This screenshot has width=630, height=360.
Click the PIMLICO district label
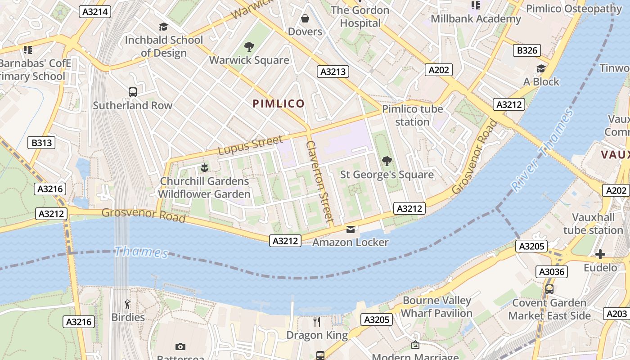[279, 104]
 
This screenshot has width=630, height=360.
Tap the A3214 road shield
[95, 12]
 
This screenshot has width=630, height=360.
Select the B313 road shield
[41, 143]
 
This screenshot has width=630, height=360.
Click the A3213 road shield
[333, 72]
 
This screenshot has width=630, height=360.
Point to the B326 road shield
[527, 50]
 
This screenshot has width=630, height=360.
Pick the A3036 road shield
[552, 272]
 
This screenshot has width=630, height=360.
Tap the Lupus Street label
[250, 145]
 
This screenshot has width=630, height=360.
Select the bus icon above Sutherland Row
[133, 92]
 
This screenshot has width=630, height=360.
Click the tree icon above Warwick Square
[249, 47]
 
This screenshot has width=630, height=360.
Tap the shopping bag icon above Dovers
[305, 18]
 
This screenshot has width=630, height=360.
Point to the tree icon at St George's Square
[387, 161]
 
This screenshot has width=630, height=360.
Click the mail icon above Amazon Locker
[351, 229]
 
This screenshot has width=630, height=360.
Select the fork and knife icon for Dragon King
[317, 321]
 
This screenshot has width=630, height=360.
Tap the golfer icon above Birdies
[128, 304]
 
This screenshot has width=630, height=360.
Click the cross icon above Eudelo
[600, 254]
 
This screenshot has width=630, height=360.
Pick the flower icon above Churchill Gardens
[204, 168]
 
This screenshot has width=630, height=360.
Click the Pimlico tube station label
[412, 115]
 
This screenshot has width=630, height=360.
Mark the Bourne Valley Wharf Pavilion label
[436, 306]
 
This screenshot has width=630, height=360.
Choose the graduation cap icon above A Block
[541, 68]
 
